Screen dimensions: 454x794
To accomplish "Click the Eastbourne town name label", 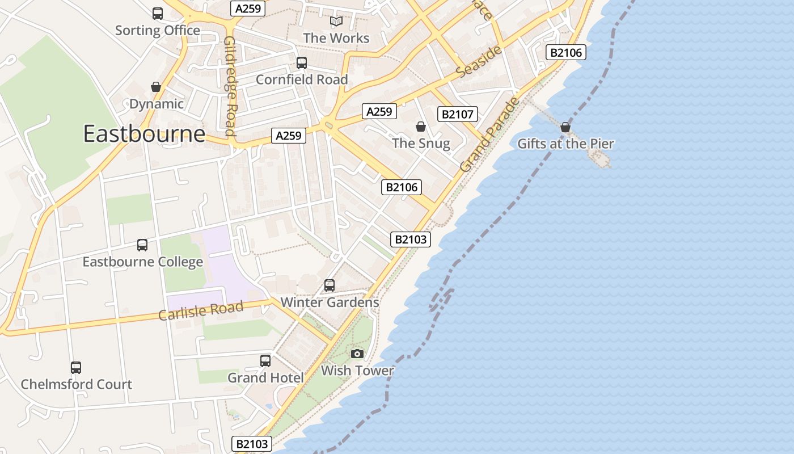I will (144, 134).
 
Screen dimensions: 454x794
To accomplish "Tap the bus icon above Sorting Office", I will (158, 14).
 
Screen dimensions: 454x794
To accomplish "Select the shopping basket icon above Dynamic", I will (156, 87).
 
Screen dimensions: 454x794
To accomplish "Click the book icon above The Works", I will (336, 22).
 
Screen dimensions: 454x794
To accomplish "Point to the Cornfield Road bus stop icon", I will (302, 63).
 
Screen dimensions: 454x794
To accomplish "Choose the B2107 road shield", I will (458, 114).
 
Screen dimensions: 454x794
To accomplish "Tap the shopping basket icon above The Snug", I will (421, 126).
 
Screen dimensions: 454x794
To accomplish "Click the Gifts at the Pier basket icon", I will (565, 127).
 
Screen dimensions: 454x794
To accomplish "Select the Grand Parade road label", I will (489, 135).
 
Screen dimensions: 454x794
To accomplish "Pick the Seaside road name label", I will (479, 62).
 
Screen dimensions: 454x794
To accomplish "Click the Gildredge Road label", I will (230, 86).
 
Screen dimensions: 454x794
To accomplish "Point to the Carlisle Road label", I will (201, 310).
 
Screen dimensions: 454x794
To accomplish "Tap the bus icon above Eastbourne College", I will (142, 245).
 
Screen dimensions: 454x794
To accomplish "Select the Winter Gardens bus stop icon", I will (330, 285).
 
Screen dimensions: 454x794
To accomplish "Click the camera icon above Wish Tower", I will (357, 354).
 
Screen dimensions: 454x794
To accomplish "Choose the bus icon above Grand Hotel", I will (265, 361).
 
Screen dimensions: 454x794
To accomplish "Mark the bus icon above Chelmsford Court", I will (76, 368).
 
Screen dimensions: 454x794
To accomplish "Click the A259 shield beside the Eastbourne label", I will (289, 136).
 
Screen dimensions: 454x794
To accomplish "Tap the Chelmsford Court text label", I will (77, 384).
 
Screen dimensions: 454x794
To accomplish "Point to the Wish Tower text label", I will (357, 371).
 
